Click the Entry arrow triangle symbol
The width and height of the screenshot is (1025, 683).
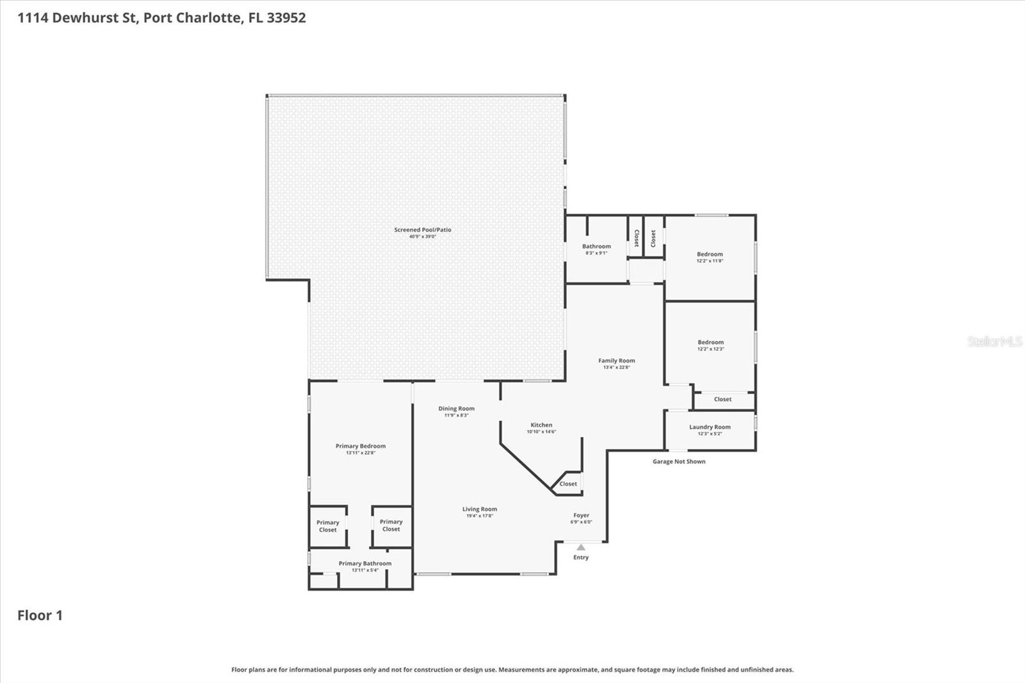point(580,547)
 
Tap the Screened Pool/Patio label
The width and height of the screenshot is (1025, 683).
point(422,229)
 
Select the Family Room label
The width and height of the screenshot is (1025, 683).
point(616,361)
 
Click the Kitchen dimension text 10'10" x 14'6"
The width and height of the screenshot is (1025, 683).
point(541,432)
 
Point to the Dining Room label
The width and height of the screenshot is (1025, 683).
point(456,408)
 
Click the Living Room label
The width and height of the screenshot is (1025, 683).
point(479,509)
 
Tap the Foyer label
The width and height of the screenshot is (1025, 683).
point(581,515)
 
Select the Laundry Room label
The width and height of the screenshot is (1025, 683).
point(709,427)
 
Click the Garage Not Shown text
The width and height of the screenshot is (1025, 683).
point(678,461)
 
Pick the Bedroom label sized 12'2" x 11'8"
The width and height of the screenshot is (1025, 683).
point(709,254)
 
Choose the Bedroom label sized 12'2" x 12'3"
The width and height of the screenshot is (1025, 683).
point(710,342)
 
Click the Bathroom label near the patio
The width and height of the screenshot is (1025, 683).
point(596,246)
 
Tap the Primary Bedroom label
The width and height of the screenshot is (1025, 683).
point(360,446)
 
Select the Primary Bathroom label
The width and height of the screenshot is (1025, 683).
point(365,563)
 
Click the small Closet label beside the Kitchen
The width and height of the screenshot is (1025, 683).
point(568,484)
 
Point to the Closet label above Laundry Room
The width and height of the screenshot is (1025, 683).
point(722,399)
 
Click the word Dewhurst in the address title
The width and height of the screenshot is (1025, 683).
point(94,18)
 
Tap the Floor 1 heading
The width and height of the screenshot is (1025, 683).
point(40,615)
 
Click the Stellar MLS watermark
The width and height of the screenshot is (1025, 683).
point(994,341)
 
